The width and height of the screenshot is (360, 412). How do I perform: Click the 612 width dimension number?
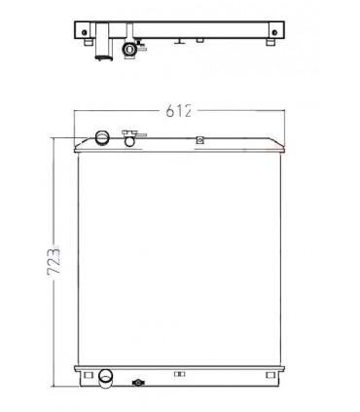coord(178,110)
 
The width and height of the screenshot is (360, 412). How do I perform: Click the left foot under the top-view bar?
coord(87,45)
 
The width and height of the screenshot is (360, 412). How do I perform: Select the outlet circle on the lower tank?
coord(106,376)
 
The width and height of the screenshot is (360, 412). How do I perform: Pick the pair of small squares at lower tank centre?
coord(177,373)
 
